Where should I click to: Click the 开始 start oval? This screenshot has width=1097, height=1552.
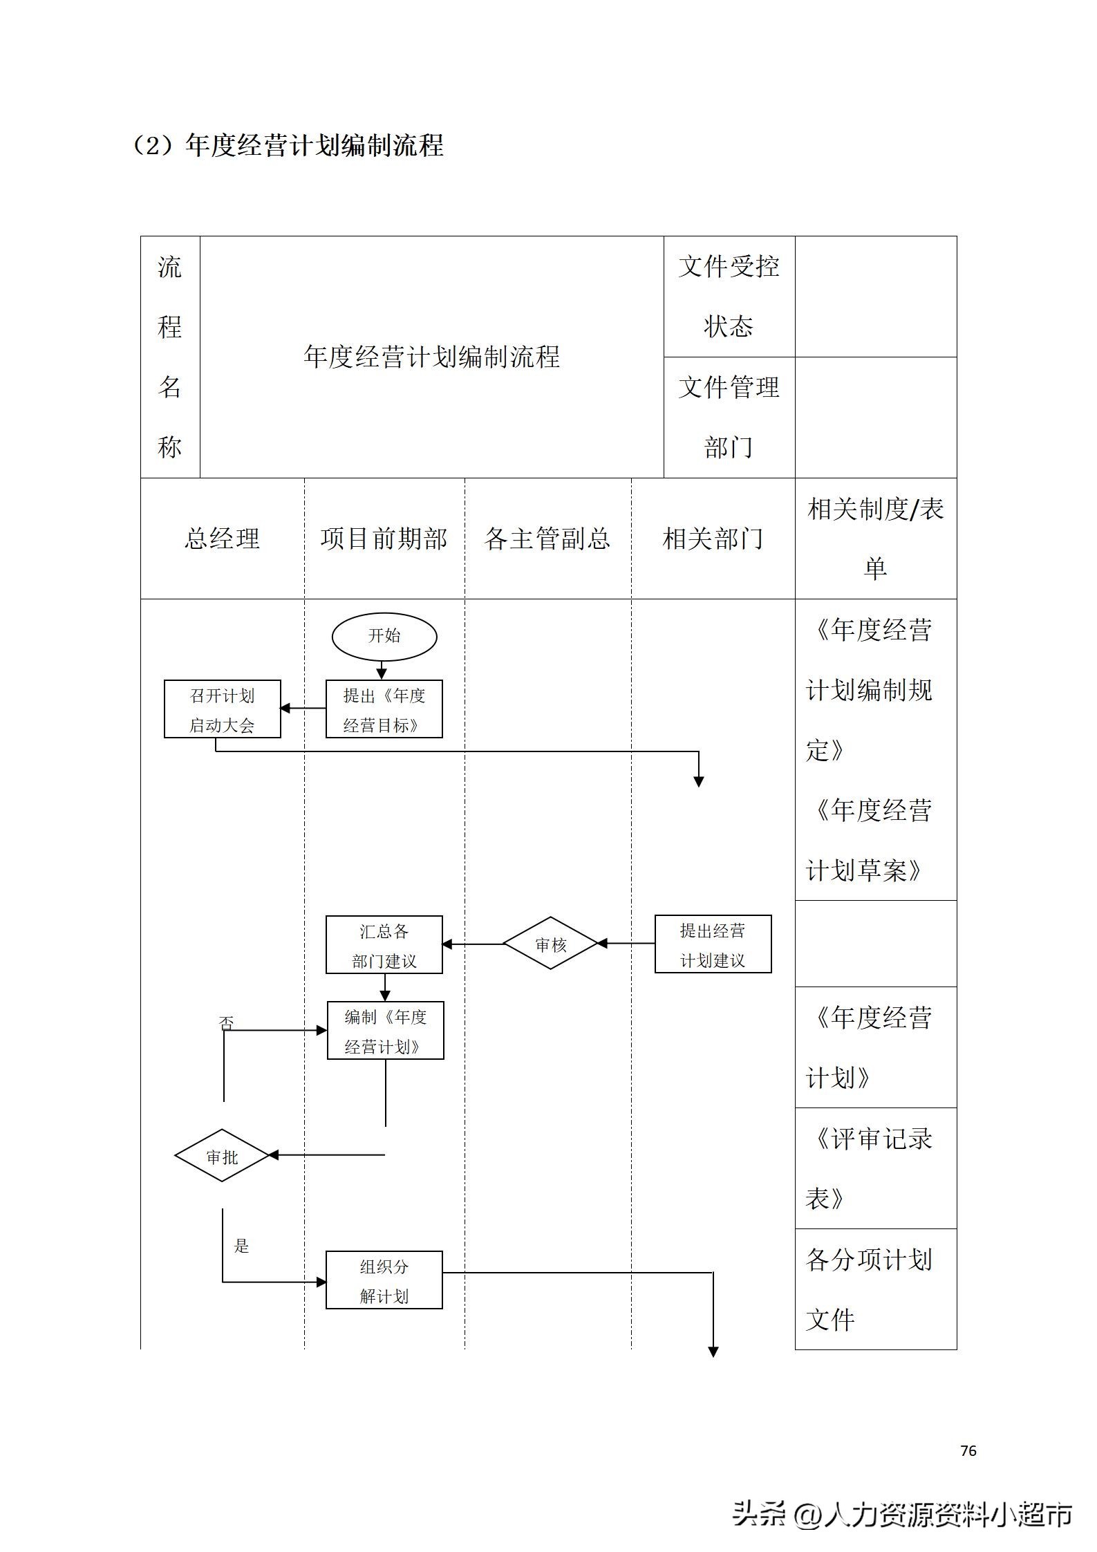(384, 636)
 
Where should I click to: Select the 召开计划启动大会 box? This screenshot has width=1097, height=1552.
(222, 709)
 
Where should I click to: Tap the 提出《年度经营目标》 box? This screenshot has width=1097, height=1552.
(384, 709)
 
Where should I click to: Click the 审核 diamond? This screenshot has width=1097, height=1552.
(550, 944)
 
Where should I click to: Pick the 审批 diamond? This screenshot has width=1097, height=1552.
(222, 1156)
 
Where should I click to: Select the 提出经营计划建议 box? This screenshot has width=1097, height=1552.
(713, 944)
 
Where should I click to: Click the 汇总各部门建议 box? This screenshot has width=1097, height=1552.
(384, 945)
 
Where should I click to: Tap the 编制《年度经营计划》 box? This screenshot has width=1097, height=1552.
(385, 1031)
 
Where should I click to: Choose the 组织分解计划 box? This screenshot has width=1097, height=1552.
(384, 1280)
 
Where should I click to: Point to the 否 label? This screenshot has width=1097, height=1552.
(226, 1023)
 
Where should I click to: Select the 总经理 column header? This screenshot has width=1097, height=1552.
(222, 539)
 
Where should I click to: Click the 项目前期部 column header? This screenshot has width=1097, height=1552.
(384, 539)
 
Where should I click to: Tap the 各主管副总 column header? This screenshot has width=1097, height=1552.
(547, 539)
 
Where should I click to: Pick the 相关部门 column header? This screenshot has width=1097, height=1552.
(713, 539)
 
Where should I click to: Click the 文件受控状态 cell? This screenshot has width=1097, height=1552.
(729, 297)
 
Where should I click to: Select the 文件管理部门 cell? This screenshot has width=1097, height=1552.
(729, 417)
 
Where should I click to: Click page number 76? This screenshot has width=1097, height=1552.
(968, 1450)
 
